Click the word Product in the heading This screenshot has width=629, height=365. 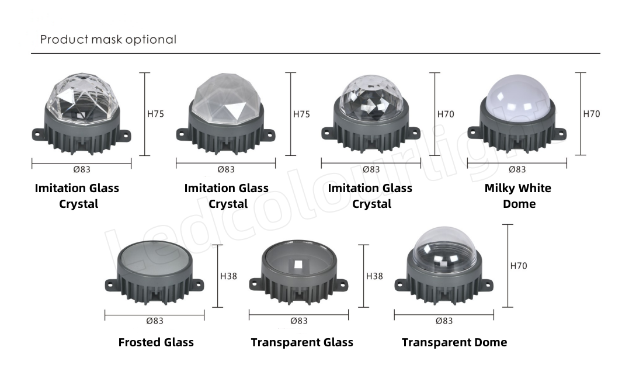point(64,39)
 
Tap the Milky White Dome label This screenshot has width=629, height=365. point(518,196)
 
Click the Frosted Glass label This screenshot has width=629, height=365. point(156,342)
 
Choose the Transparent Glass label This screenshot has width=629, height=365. point(302,342)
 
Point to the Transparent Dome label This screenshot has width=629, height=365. point(454,342)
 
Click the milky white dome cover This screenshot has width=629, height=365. point(517,98)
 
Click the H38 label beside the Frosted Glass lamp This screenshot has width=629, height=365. point(229,276)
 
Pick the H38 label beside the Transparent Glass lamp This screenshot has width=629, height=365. point(375,276)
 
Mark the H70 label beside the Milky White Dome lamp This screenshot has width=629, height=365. point(592,114)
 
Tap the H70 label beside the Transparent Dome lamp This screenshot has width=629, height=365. point(519,266)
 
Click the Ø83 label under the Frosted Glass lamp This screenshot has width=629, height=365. point(155,321)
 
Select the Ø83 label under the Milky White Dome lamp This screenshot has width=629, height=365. point(517,170)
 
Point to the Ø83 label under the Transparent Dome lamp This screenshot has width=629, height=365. point(444,321)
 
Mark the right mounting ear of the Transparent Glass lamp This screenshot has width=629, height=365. point(341,285)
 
